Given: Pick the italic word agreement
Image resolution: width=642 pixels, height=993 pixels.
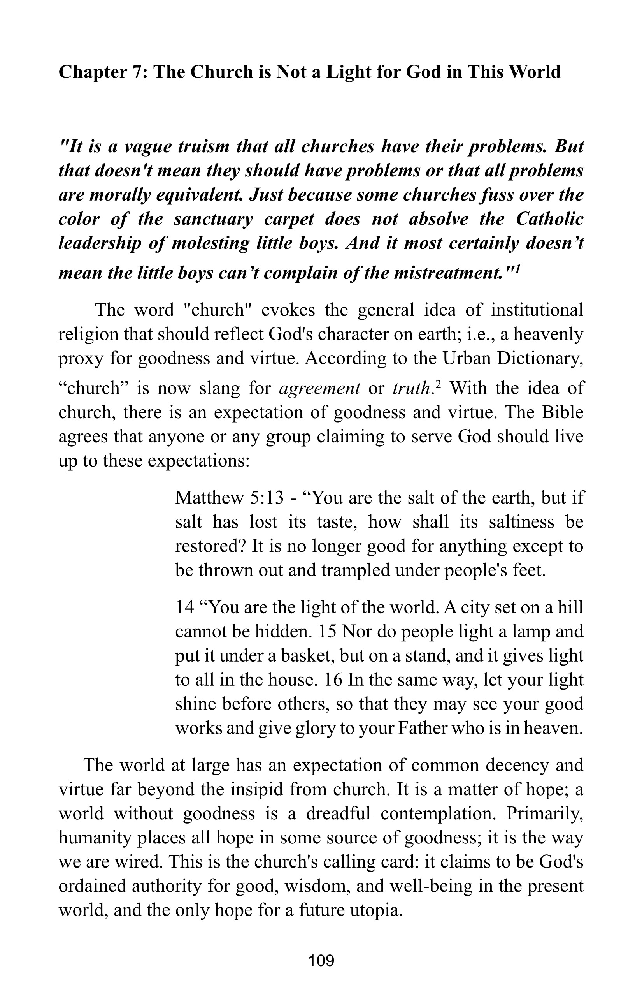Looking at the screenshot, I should point(319,389).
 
